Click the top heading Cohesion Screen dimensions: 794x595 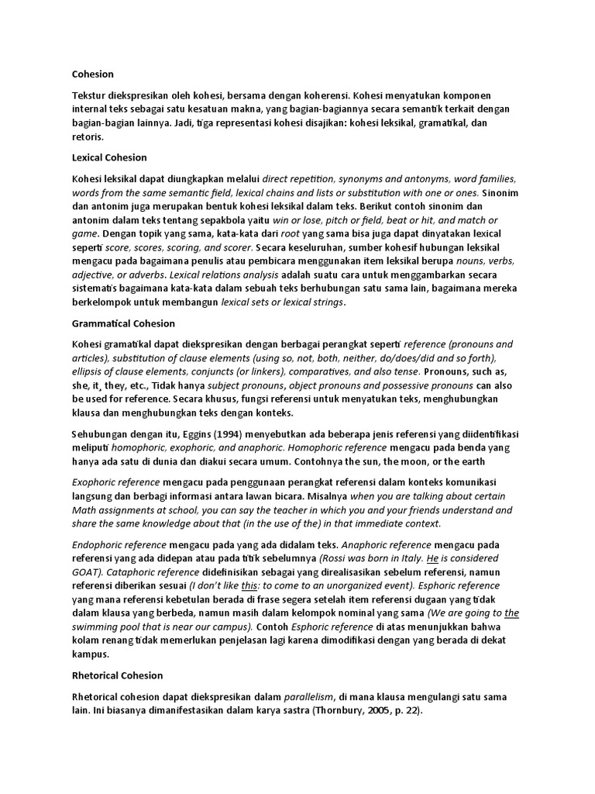click(92, 74)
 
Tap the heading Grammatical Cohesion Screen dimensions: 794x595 click(123, 323)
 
